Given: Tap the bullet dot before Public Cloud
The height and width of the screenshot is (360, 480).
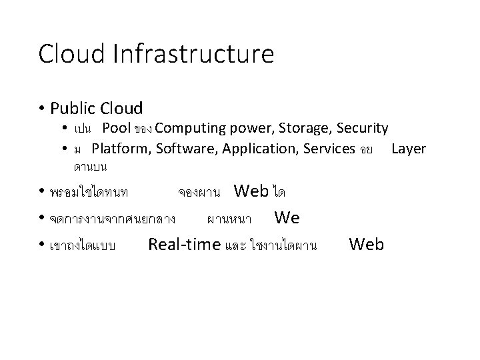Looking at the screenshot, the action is coord(41,107).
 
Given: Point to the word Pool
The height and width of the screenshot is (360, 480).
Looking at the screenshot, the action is coord(116,128).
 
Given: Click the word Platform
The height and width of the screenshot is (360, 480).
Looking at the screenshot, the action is coord(121,148).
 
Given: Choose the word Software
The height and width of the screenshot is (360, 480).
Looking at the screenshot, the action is coord(182,148).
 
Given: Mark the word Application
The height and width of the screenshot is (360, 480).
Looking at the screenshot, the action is coord(254,148).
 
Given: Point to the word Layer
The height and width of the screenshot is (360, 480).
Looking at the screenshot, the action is coord(408,148).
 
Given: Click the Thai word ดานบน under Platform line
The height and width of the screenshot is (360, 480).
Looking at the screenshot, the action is coord(91,164).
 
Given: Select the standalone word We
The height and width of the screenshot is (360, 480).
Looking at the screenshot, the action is coord(287,218).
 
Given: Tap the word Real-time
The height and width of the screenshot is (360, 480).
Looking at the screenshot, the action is coord(184,245).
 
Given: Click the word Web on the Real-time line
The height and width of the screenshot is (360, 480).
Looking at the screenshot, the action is coord(366,245).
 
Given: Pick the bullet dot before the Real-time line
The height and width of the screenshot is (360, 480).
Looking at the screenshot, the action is coord(42,245).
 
